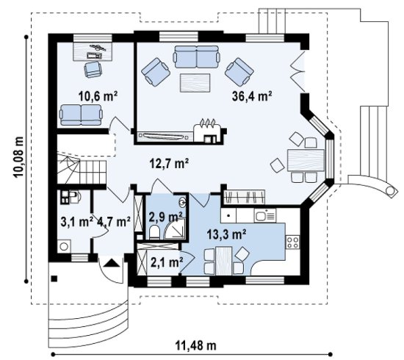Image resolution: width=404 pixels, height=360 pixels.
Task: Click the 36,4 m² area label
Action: [x=252, y=96]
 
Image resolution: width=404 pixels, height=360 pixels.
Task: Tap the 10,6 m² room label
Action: [x=98, y=96]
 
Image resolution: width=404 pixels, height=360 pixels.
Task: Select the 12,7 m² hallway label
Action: [x=169, y=163]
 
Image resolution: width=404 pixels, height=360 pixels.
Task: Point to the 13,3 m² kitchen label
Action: [x=226, y=234]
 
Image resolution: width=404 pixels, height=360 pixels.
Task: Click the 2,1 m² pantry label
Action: [x=167, y=262]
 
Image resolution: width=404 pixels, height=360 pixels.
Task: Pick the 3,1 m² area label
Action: [x=77, y=222]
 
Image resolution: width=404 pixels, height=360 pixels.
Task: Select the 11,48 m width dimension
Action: [x=196, y=345]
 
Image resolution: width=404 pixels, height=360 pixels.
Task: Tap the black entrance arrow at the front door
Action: [x=112, y=263]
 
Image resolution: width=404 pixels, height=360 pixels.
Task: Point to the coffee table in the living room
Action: [x=195, y=83]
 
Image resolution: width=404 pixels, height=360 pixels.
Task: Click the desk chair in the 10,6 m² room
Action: [x=93, y=69]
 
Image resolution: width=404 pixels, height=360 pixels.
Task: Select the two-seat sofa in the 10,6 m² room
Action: [x=81, y=115]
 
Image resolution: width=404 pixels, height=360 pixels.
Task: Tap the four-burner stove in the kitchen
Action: [x=292, y=242]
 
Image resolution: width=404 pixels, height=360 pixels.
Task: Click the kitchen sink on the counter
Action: [x=265, y=215]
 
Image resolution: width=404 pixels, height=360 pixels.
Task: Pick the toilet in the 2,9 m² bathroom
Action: [x=154, y=231]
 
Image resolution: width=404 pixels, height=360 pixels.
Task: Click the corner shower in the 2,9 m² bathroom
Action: [x=175, y=228]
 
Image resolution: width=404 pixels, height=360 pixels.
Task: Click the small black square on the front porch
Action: [x=54, y=278]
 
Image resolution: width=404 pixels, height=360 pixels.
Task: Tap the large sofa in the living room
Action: [x=197, y=57]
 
